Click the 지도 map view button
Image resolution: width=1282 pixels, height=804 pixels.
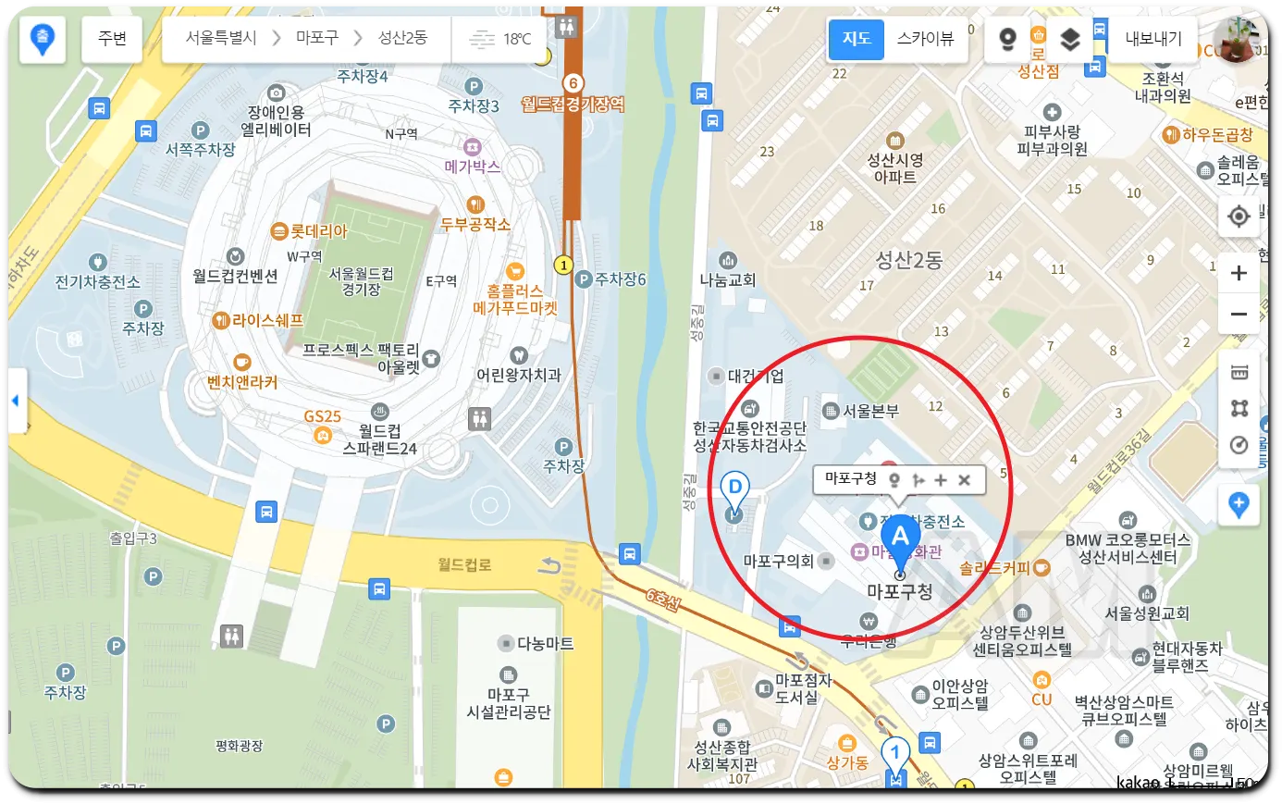click(x=857, y=39)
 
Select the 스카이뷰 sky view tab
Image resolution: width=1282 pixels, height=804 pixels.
click(x=925, y=39)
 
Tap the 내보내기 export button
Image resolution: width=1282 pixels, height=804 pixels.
click(x=1153, y=39)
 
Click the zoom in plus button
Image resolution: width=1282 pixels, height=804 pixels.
click(x=1239, y=273)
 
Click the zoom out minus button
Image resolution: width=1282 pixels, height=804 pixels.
click(x=1239, y=315)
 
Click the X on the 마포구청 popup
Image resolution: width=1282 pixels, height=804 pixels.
click(x=965, y=479)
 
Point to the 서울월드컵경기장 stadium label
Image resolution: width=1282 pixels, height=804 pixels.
click(x=361, y=281)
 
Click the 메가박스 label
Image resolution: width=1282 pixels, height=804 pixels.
click(x=472, y=167)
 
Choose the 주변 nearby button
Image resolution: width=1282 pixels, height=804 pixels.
click(x=112, y=39)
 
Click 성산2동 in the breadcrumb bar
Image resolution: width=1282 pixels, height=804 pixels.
click(x=402, y=39)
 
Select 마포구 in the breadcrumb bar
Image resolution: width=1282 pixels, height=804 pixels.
click(x=317, y=39)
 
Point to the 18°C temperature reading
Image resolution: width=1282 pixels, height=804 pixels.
click(x=516, y=39)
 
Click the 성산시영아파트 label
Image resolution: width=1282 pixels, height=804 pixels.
click(x=894, y=167)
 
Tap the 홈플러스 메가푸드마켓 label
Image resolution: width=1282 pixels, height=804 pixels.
click(x=515, y=300)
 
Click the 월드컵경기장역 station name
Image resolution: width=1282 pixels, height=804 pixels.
click(x=573, y=105)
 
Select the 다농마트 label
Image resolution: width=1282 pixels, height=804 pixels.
click(x=545, y=643)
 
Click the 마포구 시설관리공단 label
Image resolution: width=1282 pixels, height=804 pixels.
click(x=508, y=702)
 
